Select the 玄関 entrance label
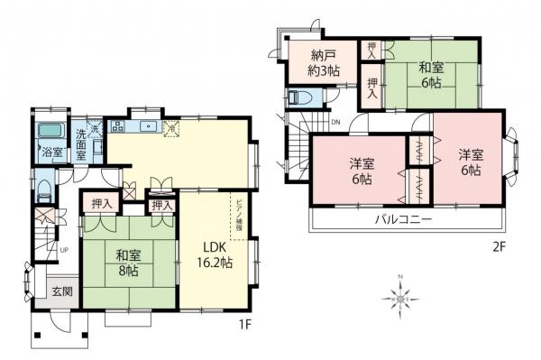point(61,291)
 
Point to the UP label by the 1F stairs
point(64,249)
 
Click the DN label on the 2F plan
point(335,122)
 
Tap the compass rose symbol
point(400,294)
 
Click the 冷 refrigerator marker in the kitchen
point(171,129)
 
